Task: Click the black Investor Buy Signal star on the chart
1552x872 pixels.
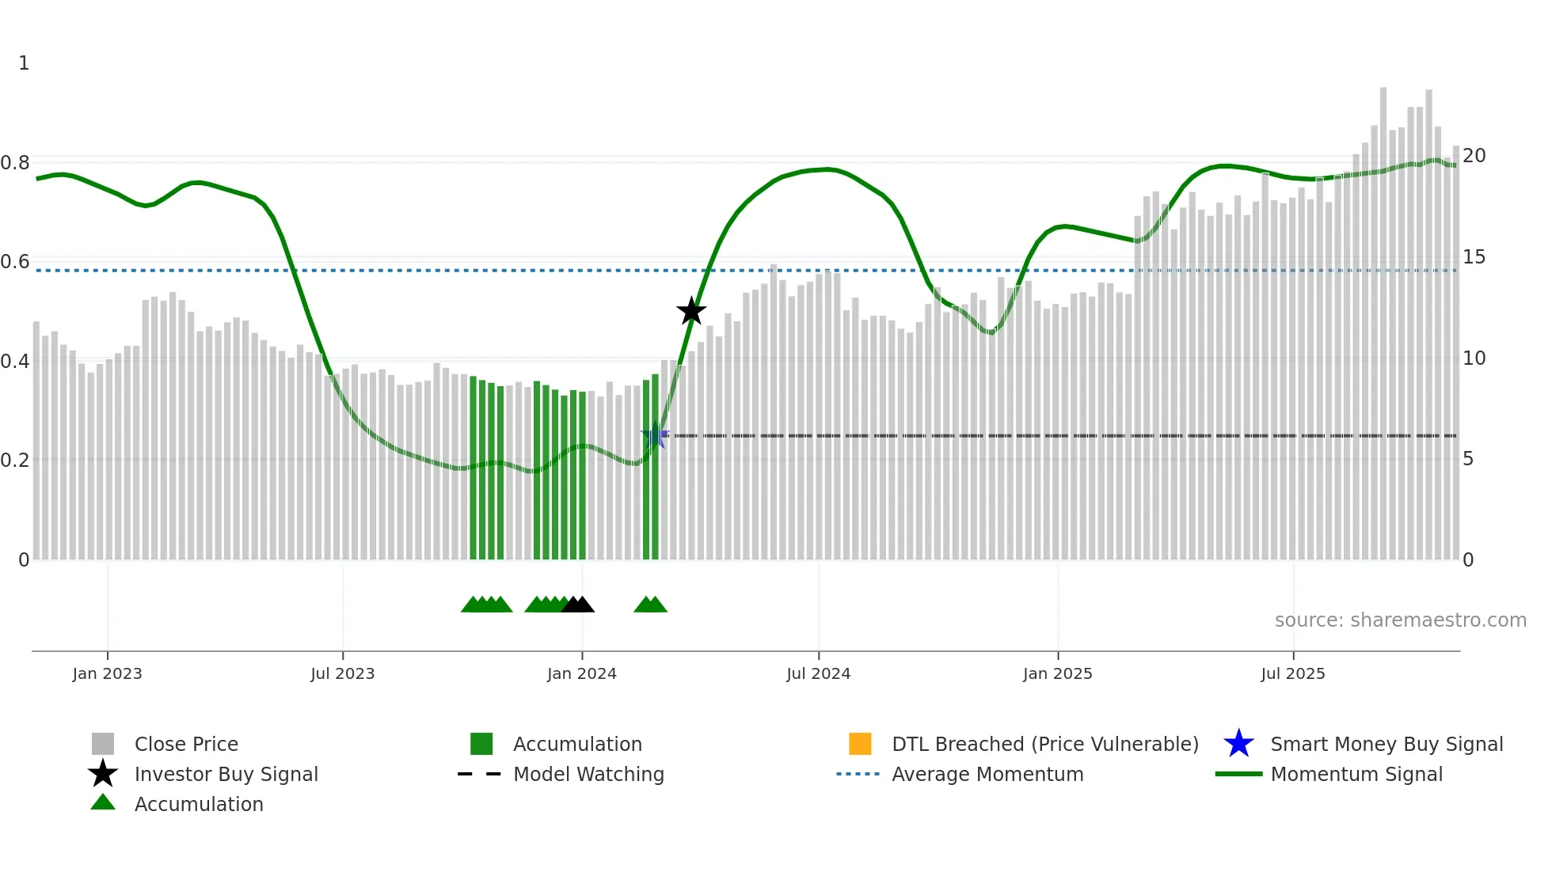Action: click(x=691, y=311)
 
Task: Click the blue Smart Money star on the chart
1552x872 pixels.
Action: click(x=655, y=435)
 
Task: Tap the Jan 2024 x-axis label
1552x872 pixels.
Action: click(x=581, y=673)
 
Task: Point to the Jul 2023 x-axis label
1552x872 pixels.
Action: click(x=342, y=673)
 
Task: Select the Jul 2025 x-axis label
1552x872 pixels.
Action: click(x=1292, y=673)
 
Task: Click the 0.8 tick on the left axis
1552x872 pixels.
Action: click(x=15, y=163)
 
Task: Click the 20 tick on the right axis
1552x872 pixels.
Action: click(x=1474, y=156)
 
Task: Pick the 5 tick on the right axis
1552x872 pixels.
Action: click(x=1468, y=459)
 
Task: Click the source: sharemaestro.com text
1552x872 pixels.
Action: click(x=1400, y=620)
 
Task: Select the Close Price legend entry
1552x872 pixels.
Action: click(x=186, y=744)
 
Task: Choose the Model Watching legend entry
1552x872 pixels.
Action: click(x=588, y=774)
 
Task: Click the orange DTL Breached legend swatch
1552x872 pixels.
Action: click(x=860, y=744)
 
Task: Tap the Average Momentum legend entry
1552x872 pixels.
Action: click(x=987, y=774)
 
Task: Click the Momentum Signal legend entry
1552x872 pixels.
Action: click(x=1356, y=774)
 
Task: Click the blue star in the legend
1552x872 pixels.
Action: click(x=1238, y=744)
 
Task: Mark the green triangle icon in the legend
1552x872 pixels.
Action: click(x=103, y=803)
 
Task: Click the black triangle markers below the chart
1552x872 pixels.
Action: click(x=577, y=605)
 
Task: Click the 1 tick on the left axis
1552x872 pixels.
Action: click(x=24, y=63)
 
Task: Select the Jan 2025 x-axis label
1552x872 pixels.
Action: click(x=1057, y=673)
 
